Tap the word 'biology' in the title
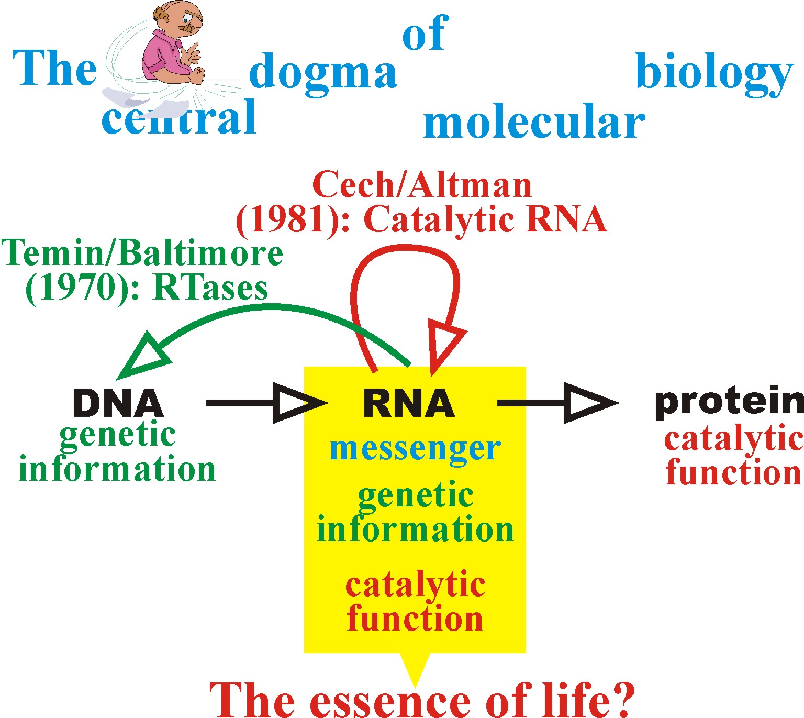[714, 73]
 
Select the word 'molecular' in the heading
[534, 123]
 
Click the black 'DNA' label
[118, 404]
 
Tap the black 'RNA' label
[409, 404]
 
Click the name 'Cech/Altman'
[422, 185]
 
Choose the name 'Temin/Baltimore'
[142, 253]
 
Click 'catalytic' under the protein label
[733, 439]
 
